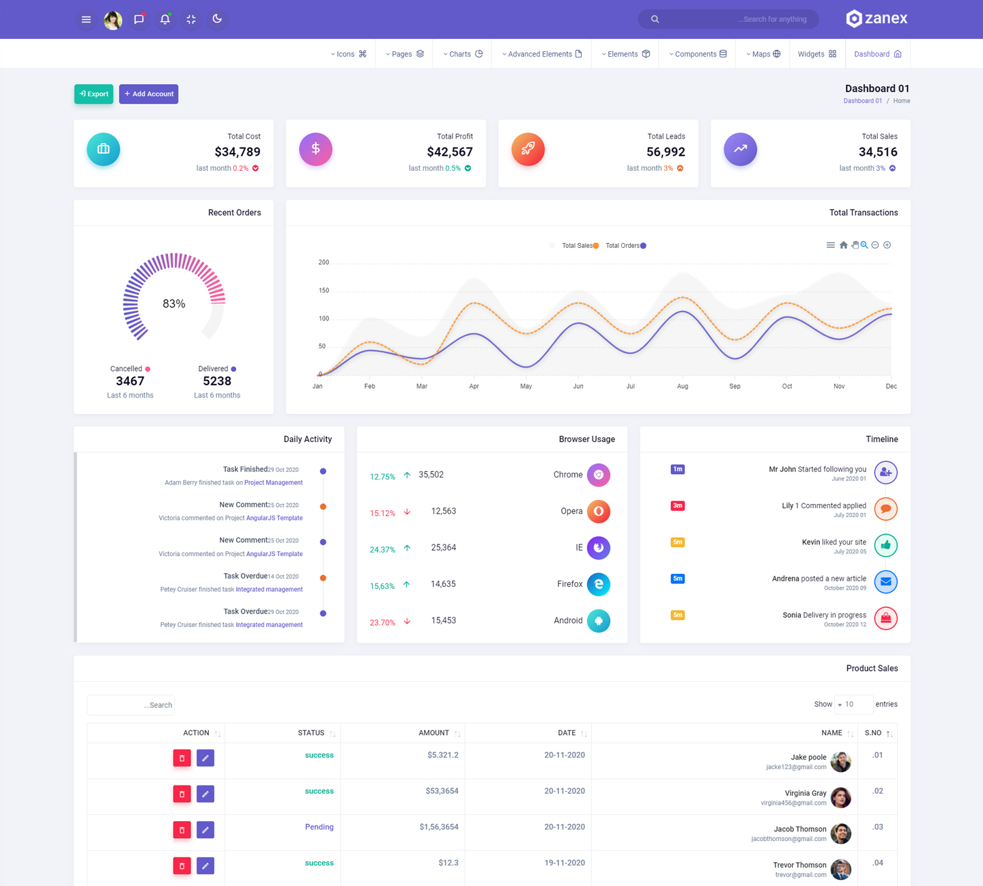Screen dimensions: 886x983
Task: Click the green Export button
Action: pos(94,94)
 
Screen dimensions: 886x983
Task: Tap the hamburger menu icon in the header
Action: pos(86,19)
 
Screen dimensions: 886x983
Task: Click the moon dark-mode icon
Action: pos(217,19)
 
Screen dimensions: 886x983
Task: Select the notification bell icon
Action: pos(165,19)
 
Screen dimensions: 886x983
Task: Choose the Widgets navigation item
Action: pos(816,54)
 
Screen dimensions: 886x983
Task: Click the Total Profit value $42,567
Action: pos(450,152)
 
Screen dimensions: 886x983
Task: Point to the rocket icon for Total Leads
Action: pos(528,149)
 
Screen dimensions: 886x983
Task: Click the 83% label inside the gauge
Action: pos(174,304)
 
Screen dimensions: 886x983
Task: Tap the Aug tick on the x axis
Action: pos(683,387)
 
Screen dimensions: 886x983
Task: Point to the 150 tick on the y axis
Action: pos(324,290)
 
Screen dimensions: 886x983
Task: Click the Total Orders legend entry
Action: pos(625,246)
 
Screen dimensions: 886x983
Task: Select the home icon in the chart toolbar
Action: pos(844,245)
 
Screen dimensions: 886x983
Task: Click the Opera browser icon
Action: pos(599,511)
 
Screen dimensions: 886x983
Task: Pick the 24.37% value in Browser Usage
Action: pos(382,549)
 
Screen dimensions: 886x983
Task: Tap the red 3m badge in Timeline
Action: pos(677,506)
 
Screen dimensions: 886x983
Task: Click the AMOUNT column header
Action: pos(433,733)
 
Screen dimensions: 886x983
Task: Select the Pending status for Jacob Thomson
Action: pos(319,827)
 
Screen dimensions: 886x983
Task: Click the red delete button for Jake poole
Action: pos(182,758)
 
